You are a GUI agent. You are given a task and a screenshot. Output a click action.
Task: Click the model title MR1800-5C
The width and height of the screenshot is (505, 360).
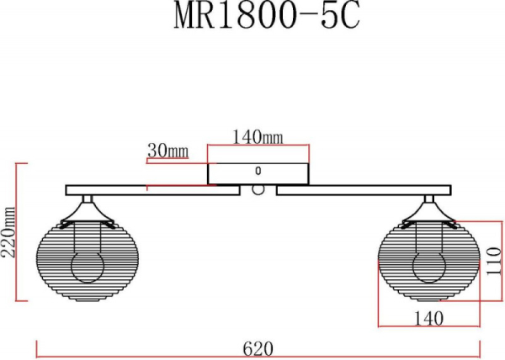point(267,15)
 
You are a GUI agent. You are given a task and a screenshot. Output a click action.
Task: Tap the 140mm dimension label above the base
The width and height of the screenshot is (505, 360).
point(258,137)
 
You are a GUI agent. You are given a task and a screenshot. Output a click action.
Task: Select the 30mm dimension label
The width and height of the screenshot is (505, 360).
point(167,151)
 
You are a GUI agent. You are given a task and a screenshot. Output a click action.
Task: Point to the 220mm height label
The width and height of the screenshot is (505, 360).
point(8,231)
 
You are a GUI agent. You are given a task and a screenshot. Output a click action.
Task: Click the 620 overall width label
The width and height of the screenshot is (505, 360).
point(258,349)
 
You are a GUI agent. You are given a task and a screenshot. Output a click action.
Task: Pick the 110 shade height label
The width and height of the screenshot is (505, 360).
point(493,261)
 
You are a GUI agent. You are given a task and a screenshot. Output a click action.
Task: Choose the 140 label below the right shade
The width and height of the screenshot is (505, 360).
point(428,319)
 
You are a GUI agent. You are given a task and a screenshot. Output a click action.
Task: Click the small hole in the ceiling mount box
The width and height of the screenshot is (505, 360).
point(258,171)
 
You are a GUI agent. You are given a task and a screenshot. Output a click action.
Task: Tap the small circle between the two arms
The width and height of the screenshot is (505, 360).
point(258,189)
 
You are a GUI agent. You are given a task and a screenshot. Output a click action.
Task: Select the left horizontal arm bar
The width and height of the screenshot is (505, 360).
point(152,190)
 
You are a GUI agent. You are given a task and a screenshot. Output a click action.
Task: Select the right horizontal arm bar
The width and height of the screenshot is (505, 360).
point(364,190)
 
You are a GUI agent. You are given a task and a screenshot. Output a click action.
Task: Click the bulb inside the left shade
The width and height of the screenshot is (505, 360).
point(88,267)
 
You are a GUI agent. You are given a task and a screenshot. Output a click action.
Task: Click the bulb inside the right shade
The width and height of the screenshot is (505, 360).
point(429,267)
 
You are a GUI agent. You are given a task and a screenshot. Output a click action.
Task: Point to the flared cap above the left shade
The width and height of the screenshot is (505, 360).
point(88,214)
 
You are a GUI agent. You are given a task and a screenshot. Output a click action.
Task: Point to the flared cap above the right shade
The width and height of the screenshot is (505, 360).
point(429,214)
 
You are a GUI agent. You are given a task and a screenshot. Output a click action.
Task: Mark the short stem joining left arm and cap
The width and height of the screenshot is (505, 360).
point(88,199)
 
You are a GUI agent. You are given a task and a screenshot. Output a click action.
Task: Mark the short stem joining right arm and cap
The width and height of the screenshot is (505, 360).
point(429,199)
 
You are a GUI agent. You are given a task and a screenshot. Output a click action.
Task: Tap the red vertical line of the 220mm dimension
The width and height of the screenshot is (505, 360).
point(16,232)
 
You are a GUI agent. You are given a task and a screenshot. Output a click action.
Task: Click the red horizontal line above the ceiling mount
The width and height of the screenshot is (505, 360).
point(258,146)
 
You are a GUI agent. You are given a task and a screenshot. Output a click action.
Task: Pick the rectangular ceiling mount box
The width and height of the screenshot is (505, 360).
point(258,174)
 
